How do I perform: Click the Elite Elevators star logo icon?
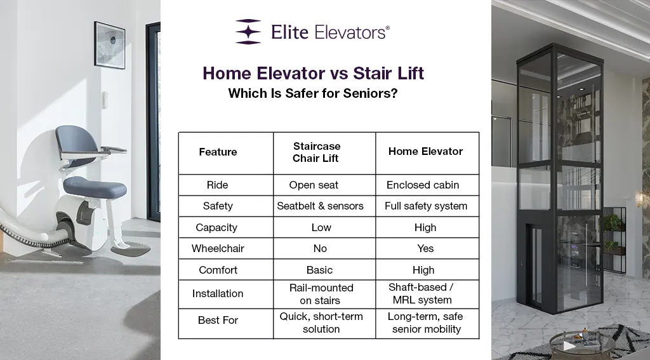coord(248,32)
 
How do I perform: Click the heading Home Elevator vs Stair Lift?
coord(313,73)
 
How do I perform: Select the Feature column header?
coord(218,152)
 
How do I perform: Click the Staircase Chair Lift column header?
coord(316,152)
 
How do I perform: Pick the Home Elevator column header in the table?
coord(425,152)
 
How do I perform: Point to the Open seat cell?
coord(314,185)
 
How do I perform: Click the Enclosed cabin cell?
coord(423,185)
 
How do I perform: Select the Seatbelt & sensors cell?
coord(320,206)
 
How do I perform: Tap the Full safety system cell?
coord(426,206)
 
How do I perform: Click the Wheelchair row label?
coord(218,248)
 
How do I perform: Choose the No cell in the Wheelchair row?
coord(320,248)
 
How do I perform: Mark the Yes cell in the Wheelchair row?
coord(425,248)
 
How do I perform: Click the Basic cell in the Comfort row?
coord(319,270)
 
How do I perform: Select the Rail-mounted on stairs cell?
coord(321,294)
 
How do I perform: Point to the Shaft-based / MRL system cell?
coord(421,294)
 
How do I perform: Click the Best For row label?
coord(218,321)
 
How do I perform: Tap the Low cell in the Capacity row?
coord(321,227)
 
